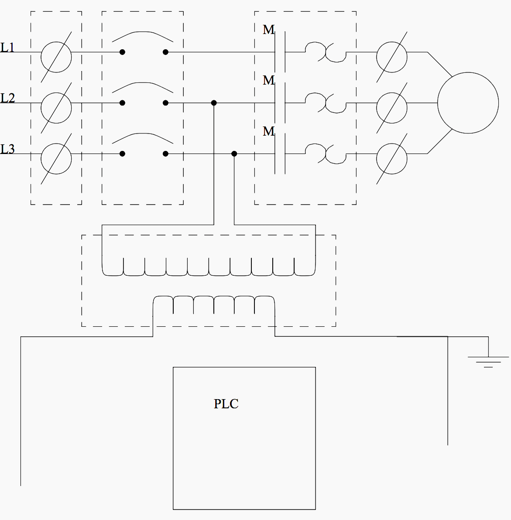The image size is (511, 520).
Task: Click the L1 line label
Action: (x=7, y=47)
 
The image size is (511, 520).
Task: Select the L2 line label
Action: (x=7, y=98)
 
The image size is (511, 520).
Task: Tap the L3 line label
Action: (x=7, y=149)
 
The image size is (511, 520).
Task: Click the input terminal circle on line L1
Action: (x=56, y=57)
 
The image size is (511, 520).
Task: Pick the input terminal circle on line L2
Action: (x=56, y=107)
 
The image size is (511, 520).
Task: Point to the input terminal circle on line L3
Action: (x=56, y=158)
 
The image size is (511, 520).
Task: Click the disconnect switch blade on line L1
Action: (x=143, y=36)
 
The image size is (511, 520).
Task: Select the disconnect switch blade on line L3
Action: (x=143, y=138)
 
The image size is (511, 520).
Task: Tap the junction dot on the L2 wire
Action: (x=214, y=103)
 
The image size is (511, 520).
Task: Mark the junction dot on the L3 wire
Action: (x=234, y=154)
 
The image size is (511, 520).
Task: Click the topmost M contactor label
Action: (x=268, y=30)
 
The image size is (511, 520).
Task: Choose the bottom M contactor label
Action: (x=268, y=131)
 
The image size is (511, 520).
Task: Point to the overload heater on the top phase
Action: (x=325, y=51)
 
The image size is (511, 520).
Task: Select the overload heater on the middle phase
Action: (x=325, y=103)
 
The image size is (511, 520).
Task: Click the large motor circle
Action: (x=468, y=103)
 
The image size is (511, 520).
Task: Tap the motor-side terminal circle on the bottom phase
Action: (x=392, y=158)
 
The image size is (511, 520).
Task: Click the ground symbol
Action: (x=488, y=361)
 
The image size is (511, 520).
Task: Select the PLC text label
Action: (x=226, y=404)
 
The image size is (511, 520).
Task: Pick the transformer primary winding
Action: (x=209, y=267)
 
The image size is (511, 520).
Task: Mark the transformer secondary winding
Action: (x=214, y=304)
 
